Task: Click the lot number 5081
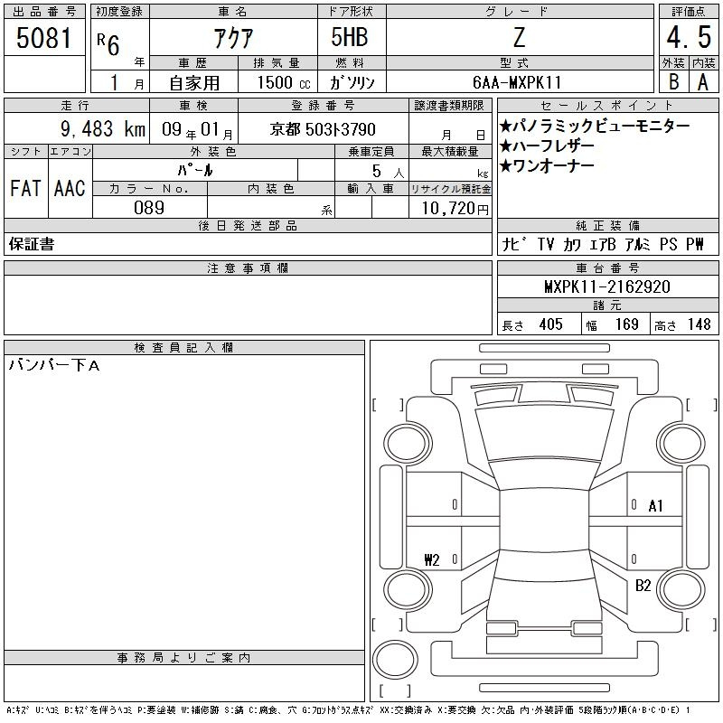click(x=44, y=38)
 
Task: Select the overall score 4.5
click(x=689, y=37)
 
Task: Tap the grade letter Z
click(x=519, y=37)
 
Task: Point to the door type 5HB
click(x=350, y=37)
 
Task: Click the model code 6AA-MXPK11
click(x=517, y=82)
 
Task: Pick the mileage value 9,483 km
click(x=103, y=129)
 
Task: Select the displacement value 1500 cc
click(x=284, y=82)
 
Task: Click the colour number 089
click(x=149, y=208)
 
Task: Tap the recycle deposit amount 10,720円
click(x=455, y=209)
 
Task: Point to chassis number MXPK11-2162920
click(x=607, y=286)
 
